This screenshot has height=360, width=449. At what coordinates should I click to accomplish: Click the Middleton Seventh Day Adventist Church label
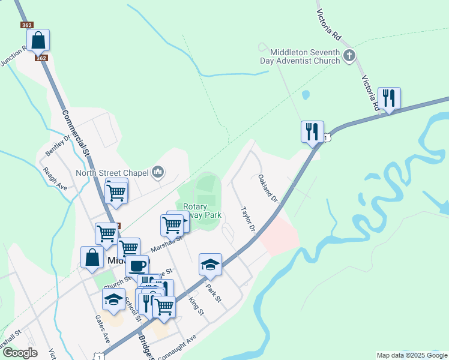(300, 56)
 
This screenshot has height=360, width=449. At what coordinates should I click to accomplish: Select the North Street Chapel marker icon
(157, 173)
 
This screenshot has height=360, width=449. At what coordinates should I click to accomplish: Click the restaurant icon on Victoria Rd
(389, 98)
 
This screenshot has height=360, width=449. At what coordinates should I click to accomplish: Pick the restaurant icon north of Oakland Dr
(312, 131)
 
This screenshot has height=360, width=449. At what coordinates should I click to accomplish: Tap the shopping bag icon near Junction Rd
(38, 40)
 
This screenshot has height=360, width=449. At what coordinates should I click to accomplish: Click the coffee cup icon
(137, 265)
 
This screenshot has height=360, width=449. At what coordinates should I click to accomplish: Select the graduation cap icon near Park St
(210, 263)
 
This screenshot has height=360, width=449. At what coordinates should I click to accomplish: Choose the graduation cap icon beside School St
(113, 298)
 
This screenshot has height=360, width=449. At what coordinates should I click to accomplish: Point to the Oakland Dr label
(268, 188)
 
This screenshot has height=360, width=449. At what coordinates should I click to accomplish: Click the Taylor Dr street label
(249, 220)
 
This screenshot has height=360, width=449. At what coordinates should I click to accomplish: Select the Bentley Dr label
(58, 145)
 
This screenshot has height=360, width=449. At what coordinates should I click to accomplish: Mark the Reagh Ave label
(55, 178)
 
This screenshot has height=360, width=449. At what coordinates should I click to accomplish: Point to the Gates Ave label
(103, 329)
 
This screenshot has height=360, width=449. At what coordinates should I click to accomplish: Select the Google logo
(19, 353)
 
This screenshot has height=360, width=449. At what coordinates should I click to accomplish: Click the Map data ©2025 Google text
(412, 355)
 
